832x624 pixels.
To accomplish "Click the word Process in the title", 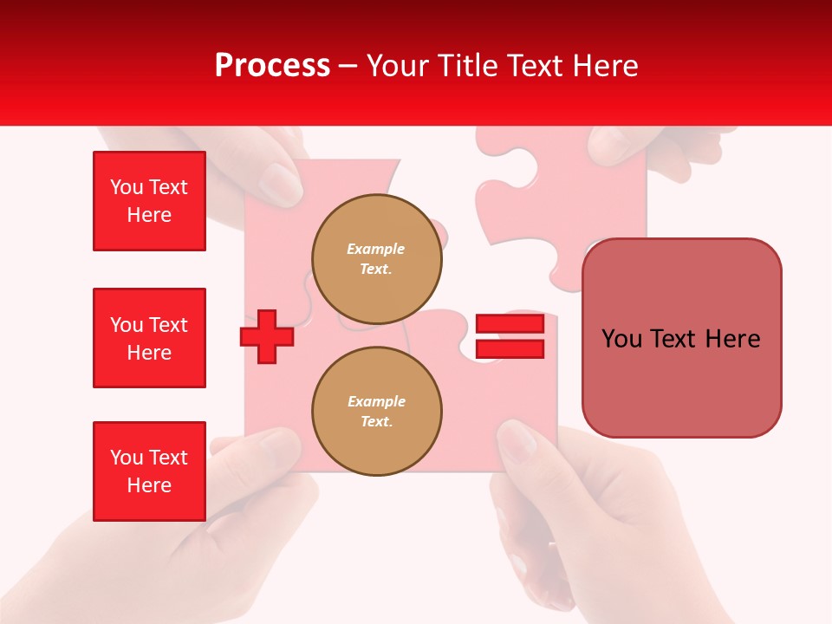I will (x=272, y=66).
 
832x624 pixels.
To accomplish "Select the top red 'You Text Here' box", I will (x=149, y=201).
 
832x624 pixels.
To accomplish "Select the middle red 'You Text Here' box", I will (x=149, y=338).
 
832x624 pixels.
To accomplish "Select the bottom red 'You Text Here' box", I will (x=149, y=471).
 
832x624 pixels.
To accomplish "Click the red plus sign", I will (x=266, y=336).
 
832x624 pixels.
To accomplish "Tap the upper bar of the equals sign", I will (x=510, y=324).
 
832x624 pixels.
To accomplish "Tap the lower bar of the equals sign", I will (x=510, y=349).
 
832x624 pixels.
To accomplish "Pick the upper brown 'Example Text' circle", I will (x=376, y=258).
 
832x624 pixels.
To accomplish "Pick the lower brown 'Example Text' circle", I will (x=376, y=411).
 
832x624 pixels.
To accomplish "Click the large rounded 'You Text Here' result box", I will (x=681, y=338).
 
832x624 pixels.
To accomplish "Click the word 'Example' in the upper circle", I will (x=376, y=249).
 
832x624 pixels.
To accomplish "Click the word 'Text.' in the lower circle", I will (x=376, y=422).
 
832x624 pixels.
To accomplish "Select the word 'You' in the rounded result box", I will (x=621, y=339).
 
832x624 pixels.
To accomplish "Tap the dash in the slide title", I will (x=348, y=66).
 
